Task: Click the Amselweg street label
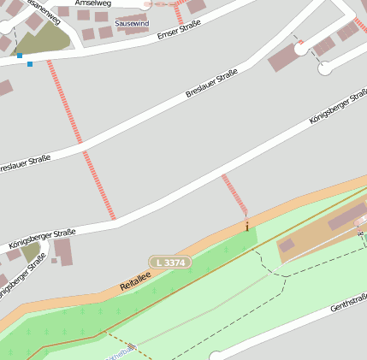pyautogui.click(x=93, y=3)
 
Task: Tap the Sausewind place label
pyautogui.click(x=131, y=23)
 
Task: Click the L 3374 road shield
pyautogui.click(x=169, y=261)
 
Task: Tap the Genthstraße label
pyautogui.click(x=350, y=303)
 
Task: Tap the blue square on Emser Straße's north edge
pyautogui.click(x=20, y=56)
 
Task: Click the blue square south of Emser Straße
pyautogui.click(x=30, y=64)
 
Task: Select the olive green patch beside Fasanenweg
pyautogui.click(x=43, y=38)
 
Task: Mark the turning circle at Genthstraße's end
pyautogui.click(x=216, y=355)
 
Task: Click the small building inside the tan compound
pyautogui.click(x=287, y=245)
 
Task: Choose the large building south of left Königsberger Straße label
pyautogui.click(x=63, y=252)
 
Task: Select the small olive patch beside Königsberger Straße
pyautogui.click(x=32, y=252)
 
